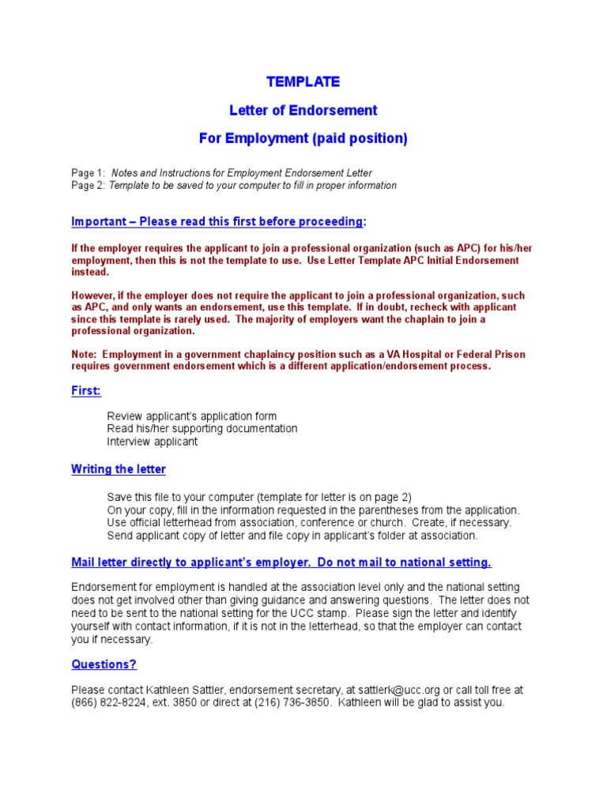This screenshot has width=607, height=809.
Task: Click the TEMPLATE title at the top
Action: [x=303, y=81]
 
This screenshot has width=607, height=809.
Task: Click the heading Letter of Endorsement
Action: [x=303, y=110]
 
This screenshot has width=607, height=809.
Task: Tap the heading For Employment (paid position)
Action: [x=303, y=138]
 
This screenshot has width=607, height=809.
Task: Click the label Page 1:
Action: [x=88, y=173]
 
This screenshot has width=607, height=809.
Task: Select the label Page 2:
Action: [x=88, y=186]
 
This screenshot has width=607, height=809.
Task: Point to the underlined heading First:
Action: [x=86, y=391]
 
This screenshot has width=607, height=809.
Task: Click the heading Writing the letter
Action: [x=119, y=469]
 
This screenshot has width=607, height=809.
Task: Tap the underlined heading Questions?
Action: [x=104, y=664]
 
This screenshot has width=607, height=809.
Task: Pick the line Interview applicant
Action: [x=153, y=442]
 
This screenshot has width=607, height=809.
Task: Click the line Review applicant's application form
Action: [x=192, y=416]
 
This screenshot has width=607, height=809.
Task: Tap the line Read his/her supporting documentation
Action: [x=202, y=428]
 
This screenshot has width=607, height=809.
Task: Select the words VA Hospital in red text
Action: [x=419, y=354]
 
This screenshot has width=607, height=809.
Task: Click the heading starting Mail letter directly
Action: [x=281, y=562]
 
